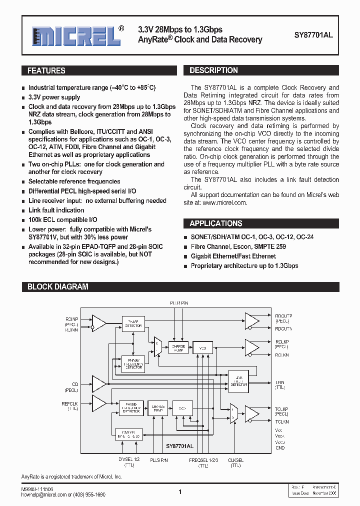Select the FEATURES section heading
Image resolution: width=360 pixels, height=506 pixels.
click(46, 71)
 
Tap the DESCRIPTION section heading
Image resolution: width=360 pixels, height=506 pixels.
click(213, 70)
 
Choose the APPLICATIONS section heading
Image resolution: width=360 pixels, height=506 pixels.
click(215, 223)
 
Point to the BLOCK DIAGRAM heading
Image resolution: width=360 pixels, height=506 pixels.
click(57, 287)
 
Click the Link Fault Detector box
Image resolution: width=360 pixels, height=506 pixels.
click(238, 381)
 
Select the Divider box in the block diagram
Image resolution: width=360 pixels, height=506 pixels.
click(128, 434)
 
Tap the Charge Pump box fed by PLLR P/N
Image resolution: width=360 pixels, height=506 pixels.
click(178, 348)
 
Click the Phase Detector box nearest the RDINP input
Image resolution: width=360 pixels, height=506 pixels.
click(133, 323)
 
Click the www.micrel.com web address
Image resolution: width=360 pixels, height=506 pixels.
click(224, 202)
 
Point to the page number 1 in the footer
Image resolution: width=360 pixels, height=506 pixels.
click(179, 492)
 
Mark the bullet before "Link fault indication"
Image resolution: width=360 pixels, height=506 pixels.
click(23, 210)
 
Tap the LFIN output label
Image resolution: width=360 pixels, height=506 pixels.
click(279, 381)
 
